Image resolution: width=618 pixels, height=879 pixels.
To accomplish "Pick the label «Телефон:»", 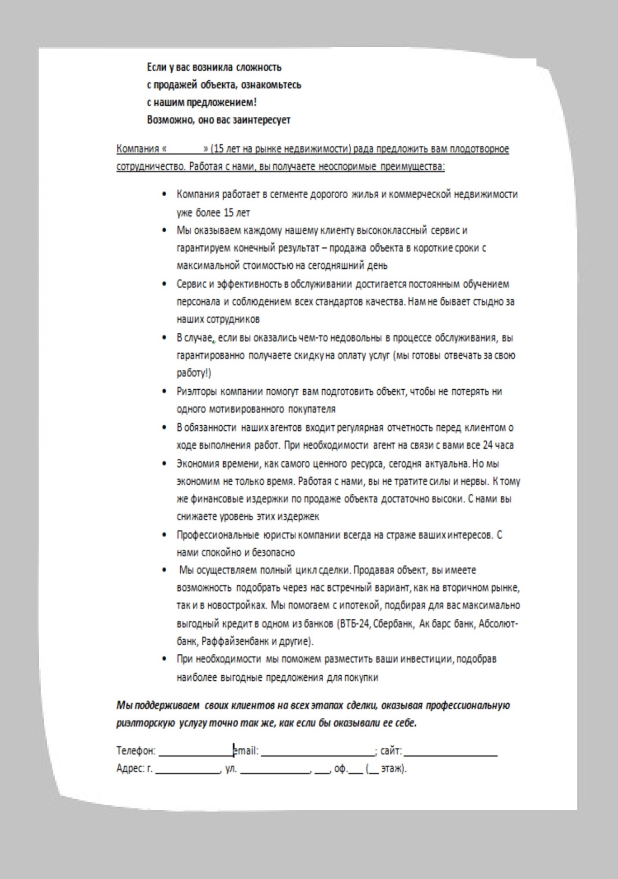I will click(x=135, y=751).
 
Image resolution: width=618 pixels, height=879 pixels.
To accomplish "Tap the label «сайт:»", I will click(x=391, y=751).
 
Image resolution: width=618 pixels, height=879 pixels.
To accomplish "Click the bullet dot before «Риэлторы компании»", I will click(x=164, y=392).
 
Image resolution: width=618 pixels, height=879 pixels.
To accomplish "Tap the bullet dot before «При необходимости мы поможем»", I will click(x=164, y=659).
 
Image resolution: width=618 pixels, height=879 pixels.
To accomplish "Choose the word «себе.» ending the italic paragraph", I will click(x=405, y=723).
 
